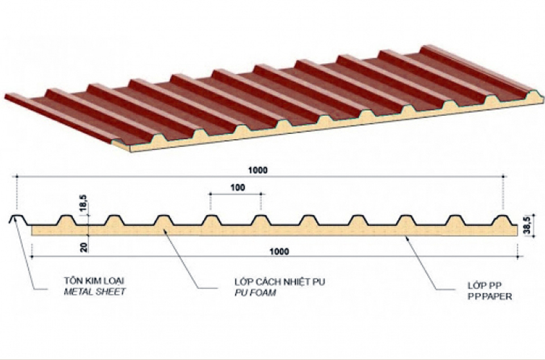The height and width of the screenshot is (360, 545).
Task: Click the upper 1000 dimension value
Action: tap(258, 170)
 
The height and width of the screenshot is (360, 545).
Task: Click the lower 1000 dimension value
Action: tap(279, 251)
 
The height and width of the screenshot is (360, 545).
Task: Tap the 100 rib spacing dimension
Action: tap(238, 187)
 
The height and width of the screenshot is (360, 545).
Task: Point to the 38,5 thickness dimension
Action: tap(527, 225)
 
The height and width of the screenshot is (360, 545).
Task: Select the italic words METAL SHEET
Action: tap(95, 291)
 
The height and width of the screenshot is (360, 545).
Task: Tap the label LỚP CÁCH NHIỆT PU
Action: tap(280, 282)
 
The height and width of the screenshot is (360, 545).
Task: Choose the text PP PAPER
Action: tap(490, 296)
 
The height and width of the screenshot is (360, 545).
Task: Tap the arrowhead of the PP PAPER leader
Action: tap(406, 238)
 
